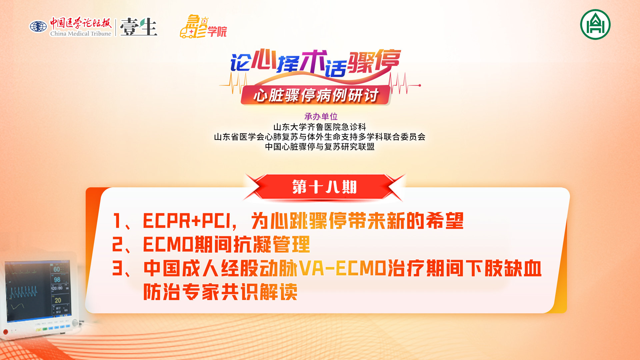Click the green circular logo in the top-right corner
595,24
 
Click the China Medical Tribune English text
81,33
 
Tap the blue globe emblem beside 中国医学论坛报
38,27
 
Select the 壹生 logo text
139,27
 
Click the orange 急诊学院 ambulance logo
203,26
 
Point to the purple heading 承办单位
321,116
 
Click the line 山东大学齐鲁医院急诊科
320,127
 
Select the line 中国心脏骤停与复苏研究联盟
320,147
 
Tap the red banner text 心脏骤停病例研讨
316,96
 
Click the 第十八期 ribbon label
325,187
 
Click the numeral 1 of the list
117,221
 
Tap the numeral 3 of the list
117,268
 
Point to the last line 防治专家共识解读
220,292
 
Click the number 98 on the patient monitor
57,280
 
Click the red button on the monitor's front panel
5,332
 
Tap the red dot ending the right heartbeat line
420,85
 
